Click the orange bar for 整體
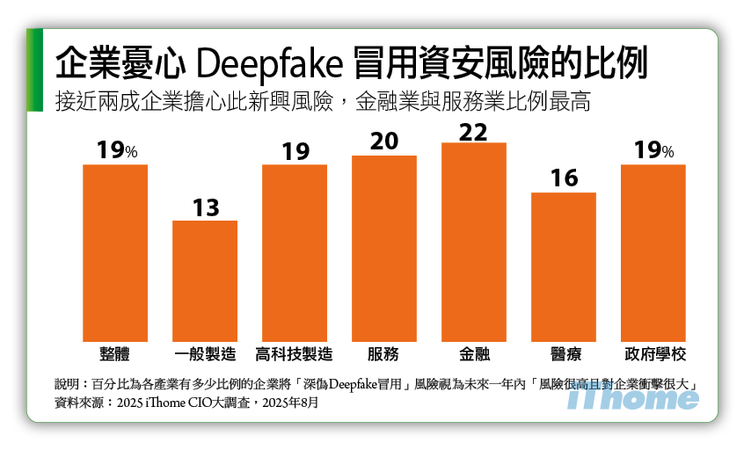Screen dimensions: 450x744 click(115, 253)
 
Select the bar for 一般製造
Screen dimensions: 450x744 click(205, 281)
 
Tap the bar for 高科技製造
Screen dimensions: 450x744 click(295, 253)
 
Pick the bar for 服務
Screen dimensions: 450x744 click(384, 249)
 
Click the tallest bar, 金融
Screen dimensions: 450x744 click(474, 242)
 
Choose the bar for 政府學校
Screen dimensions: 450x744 click(653, 253)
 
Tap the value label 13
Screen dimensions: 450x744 click(205, 208)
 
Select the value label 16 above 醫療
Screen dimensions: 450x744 click(564, 179)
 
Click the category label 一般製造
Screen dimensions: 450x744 click(205, 354)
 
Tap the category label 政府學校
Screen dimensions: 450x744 click(654, 354)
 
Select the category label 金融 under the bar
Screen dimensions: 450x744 click(474, 354)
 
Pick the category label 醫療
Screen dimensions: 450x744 click(564, 354)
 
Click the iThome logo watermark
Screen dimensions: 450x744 click(633, 396)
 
